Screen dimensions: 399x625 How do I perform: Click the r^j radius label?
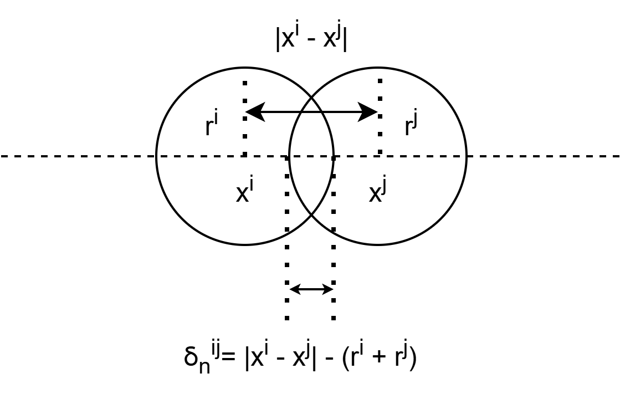[411, 125]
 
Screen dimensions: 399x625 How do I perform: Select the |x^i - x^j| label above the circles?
[311, 38]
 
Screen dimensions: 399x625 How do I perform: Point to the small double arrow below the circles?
[311, 289]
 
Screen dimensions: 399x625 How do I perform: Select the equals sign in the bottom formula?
[229, 357]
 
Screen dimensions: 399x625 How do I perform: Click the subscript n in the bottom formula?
[204, 366]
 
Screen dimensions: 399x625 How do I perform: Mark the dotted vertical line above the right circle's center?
[380, 116]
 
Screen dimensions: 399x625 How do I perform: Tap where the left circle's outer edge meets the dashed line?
[156, 156]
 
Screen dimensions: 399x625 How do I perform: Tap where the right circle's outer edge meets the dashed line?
[467, 156]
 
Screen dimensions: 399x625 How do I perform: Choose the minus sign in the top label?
[311, 40]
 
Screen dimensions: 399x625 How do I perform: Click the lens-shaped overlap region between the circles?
[311, 166]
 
